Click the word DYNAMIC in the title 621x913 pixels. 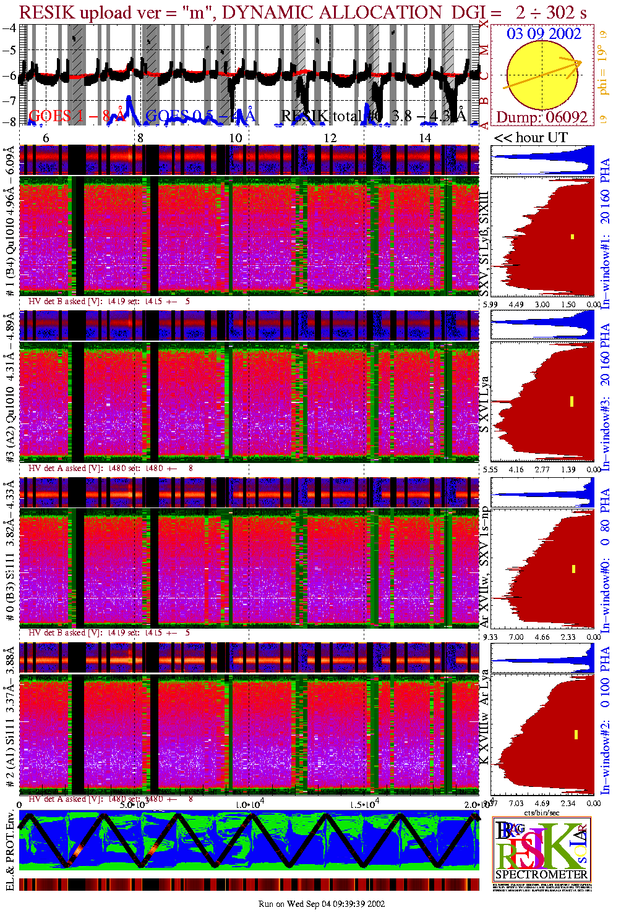point(260,12)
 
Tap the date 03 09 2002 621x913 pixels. point(544,33)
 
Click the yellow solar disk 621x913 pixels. point(542,75)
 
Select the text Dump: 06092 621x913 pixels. point(542,117)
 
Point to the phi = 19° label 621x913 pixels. point(604,74)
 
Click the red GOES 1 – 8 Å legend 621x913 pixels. point(77,116)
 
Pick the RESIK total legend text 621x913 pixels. point(373,116)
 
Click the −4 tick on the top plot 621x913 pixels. point(9,28)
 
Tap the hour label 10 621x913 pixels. point(236,138)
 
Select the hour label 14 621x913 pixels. point(425,138)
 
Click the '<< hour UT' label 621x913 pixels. point(530,138)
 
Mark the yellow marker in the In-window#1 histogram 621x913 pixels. point(573,236)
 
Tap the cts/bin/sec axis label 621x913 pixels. point(542,812)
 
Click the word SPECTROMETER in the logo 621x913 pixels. point(542,874)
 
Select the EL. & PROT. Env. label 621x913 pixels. point(10,851)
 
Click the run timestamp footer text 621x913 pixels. point(322,904)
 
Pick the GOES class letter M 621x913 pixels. point(485,49)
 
